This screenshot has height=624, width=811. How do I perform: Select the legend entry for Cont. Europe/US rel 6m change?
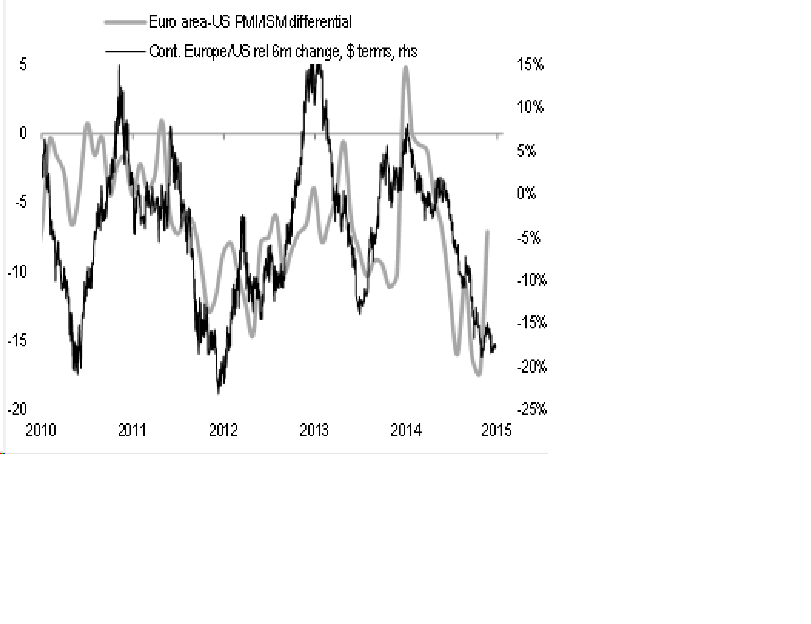[283, 52]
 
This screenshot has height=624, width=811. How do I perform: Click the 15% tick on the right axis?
[530, 65]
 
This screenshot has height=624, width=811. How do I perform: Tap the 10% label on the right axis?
[530, 107]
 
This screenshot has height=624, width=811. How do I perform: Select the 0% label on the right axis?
[526, 193]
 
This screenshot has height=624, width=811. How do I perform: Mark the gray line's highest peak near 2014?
[406, 68]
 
